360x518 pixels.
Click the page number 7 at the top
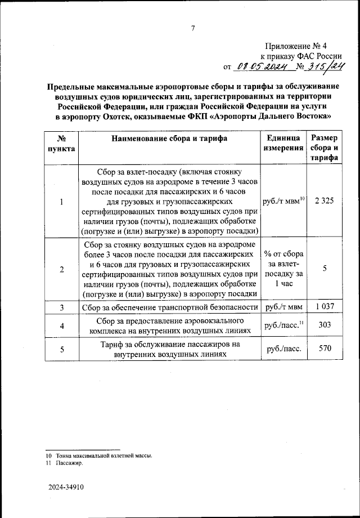coord(192,29)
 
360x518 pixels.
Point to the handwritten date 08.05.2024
coord(262,67)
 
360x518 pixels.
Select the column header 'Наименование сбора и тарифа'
coord(169,139)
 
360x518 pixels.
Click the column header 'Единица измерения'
coord(283,143)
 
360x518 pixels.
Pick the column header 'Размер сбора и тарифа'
coord(325,148)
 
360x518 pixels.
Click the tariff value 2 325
coord(325,201)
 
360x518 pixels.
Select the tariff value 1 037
coord(325,307)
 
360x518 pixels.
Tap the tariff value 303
coord(325,325)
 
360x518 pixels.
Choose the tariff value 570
coord(325,349)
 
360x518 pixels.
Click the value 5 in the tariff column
coord(325,269)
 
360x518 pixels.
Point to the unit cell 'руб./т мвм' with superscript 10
coord(283,201)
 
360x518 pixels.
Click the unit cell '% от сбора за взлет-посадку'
coord(283,269)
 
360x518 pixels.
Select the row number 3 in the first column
coord(61,307)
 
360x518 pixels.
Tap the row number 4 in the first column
coord(61,325)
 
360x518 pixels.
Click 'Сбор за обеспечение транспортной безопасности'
coord(169,307)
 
